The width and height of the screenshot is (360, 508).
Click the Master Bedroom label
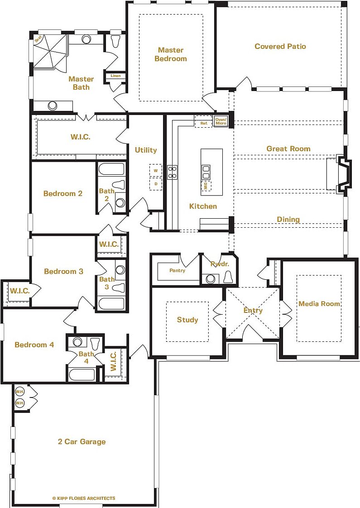170,54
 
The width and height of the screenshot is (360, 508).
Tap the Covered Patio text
280,46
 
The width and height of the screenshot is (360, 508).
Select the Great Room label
288,149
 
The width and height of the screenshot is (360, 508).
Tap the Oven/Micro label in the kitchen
221,121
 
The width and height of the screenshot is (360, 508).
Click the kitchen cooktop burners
173,172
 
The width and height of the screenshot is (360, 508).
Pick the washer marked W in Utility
156,170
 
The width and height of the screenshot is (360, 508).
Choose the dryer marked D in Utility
156,184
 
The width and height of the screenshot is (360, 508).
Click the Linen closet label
115,76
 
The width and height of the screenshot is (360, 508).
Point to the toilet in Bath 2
119,185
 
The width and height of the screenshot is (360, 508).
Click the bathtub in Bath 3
110,303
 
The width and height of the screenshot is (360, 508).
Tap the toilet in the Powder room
228,277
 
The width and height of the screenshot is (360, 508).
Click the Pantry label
178,270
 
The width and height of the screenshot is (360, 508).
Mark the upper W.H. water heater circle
19,391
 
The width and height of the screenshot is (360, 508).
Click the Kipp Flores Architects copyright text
84,498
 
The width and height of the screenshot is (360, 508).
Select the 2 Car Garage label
82,441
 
